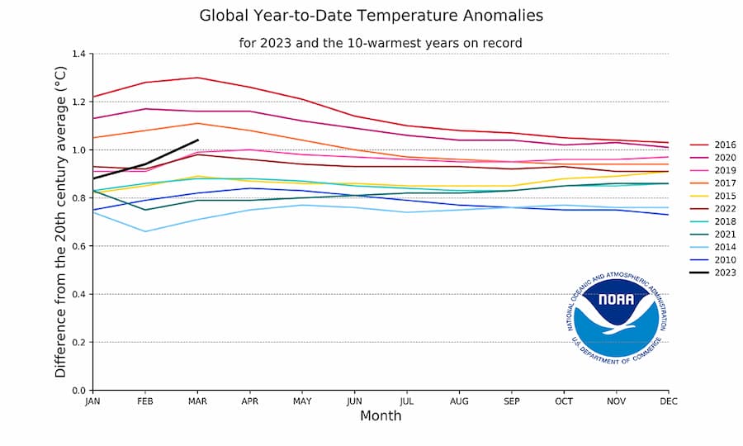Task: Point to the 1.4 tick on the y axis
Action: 78,54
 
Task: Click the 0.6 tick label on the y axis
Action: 78,246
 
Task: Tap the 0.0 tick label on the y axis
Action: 78,390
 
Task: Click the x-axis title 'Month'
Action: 381,416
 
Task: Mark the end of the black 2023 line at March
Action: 197,140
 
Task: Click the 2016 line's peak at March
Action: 197,78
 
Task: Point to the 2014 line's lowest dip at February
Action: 145,231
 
